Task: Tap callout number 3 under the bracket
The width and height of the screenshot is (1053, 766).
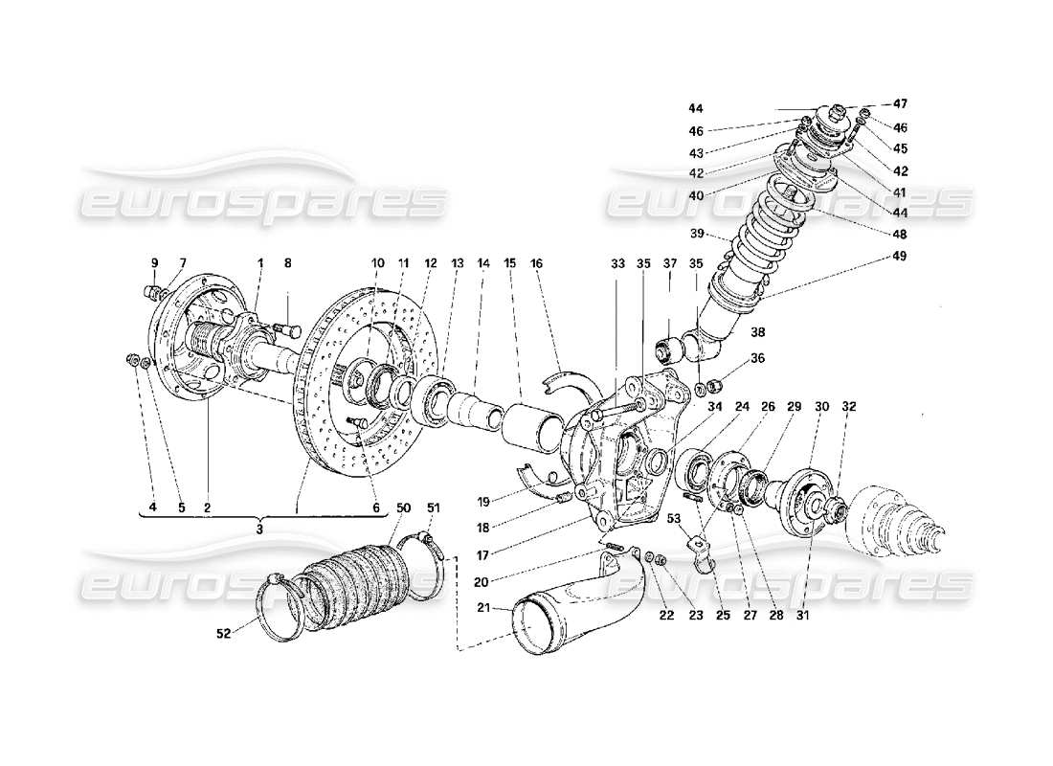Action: click(260, 527)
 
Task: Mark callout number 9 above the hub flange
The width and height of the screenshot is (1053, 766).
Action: click(152, 262)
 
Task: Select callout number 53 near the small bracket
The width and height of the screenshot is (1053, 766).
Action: click(677, 518)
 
